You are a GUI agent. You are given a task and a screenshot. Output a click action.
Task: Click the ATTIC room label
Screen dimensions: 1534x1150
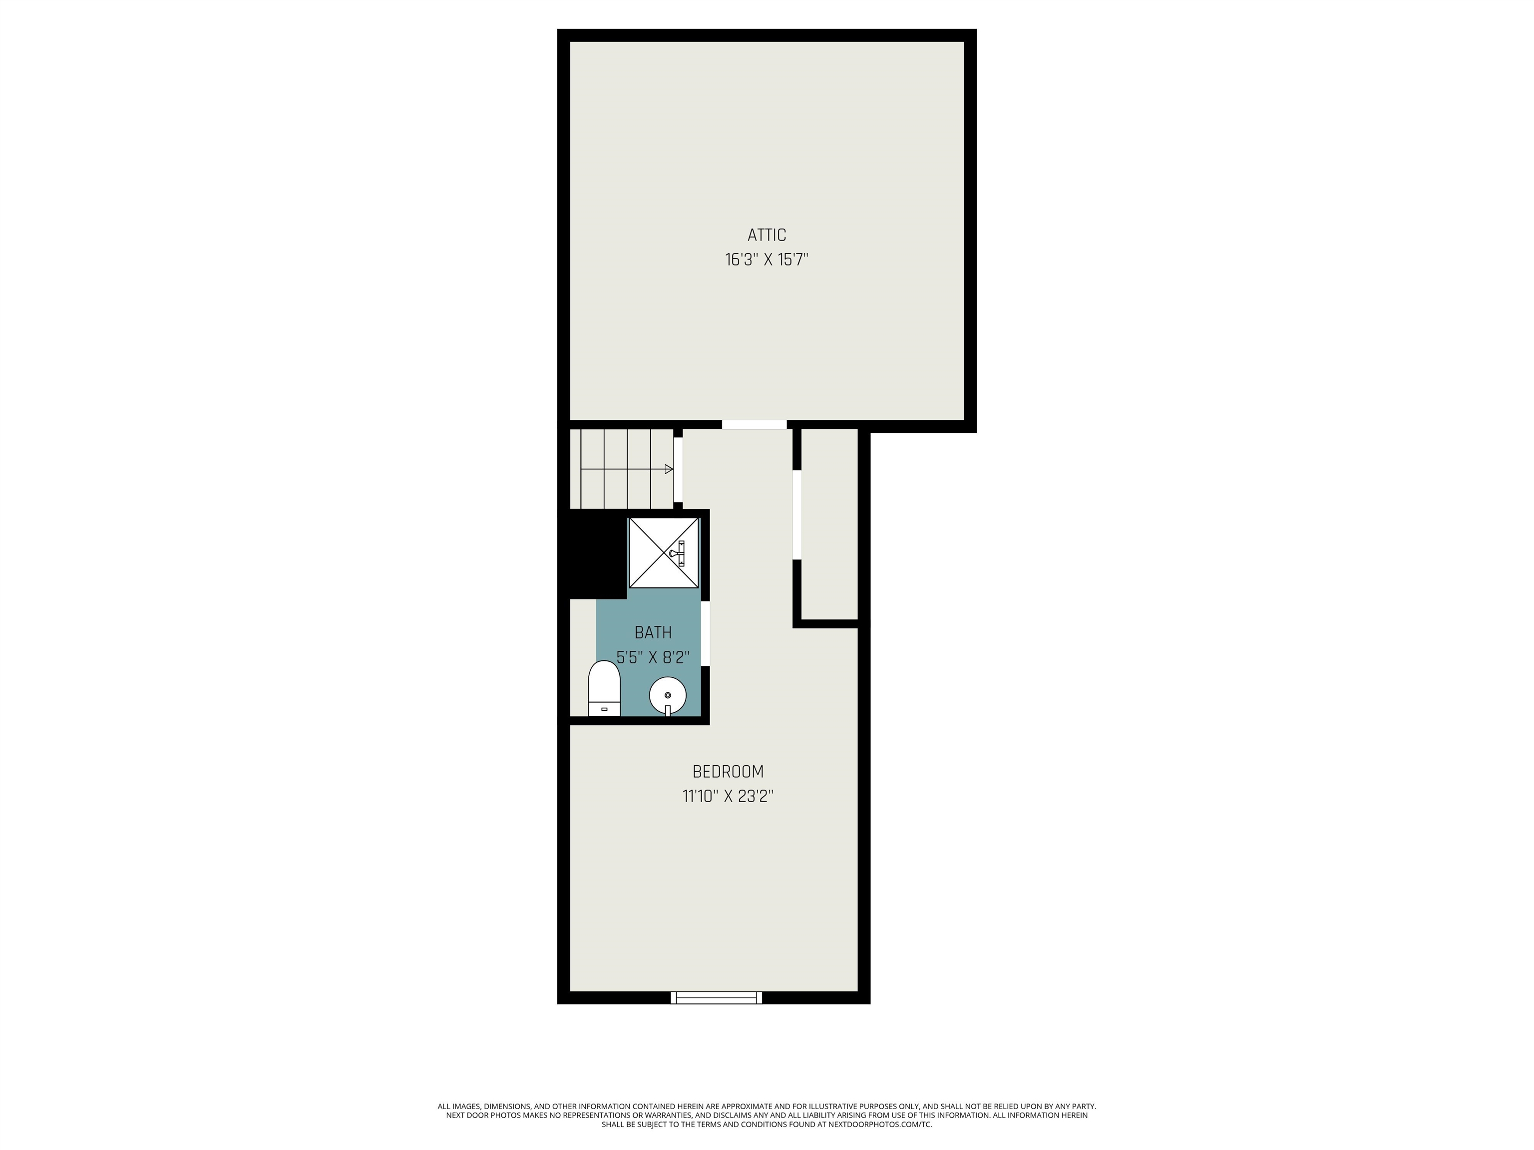tap(767, 235)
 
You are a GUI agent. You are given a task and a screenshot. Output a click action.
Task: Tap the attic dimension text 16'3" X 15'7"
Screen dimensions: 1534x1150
tap(767, 260)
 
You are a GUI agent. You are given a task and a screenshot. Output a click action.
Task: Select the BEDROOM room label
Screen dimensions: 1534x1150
tap(728, 772)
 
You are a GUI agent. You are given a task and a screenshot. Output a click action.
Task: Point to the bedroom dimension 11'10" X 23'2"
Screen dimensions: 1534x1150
tap(728, 797)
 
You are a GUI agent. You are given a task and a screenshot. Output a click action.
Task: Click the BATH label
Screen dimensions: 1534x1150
tap(653, 632)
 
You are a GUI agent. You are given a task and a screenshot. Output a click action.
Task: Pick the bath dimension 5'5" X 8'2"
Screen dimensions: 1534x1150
tap(653, 657)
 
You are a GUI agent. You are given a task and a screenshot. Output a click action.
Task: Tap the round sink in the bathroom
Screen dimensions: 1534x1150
tap(668, 695)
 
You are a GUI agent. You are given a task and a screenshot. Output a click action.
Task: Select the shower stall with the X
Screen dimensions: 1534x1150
tap(664, 553)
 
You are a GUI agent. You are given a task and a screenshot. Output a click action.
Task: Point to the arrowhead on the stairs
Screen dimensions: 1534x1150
tap(669, 469)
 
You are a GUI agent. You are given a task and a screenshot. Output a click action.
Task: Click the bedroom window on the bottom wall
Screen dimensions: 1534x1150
tap(717, 997)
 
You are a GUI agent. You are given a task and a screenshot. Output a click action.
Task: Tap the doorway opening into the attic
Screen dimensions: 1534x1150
tap(755, 424)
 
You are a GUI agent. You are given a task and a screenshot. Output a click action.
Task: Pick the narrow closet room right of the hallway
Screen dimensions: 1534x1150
tap(829, 524)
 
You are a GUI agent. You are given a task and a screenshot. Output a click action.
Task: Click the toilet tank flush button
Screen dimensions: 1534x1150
tap(604, 709)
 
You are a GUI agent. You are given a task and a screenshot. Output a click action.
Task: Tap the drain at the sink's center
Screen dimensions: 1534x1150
tap(668, 695)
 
